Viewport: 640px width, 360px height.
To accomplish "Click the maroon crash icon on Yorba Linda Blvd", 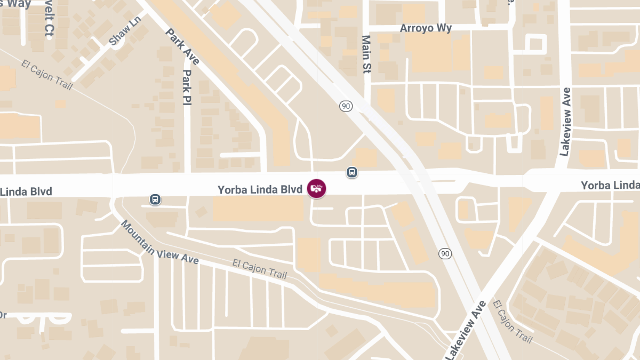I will click(x=316, y=188).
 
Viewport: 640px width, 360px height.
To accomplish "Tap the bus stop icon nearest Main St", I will click(x=351, y=172).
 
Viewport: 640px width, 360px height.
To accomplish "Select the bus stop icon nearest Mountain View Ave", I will click(x=155, y=199).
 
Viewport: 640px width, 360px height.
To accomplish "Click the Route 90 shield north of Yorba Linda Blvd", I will click(x=346, y=106).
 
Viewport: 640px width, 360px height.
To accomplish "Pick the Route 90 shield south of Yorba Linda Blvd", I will click(x=445, y=253).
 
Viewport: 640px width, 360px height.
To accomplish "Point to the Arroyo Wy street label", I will click(x=426, y=28).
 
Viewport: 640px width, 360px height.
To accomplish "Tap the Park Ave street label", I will click(x=182, y=46).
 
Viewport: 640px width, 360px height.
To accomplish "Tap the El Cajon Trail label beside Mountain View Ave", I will click(x=260, y=269).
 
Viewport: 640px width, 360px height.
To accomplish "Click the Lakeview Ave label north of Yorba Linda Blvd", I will click(x=566, y=122).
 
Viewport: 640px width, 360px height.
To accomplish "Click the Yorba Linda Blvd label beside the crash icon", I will click(x=260, y=189).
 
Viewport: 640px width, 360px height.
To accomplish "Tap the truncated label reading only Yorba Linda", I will click(x=610, y=185).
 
